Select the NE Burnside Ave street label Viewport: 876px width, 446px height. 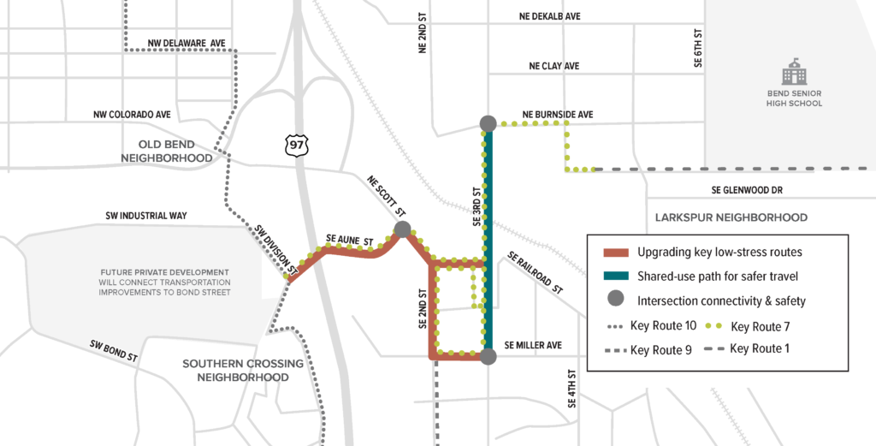pyautogui.click(x=557, y=114)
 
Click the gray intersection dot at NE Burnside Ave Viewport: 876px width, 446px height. pyautogui.click(x=488, y=124)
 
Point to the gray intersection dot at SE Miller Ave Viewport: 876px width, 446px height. pyautogui.click(x=488, y=356)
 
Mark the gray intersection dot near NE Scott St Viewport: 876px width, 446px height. pyautogui.click(x=402, y=229)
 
